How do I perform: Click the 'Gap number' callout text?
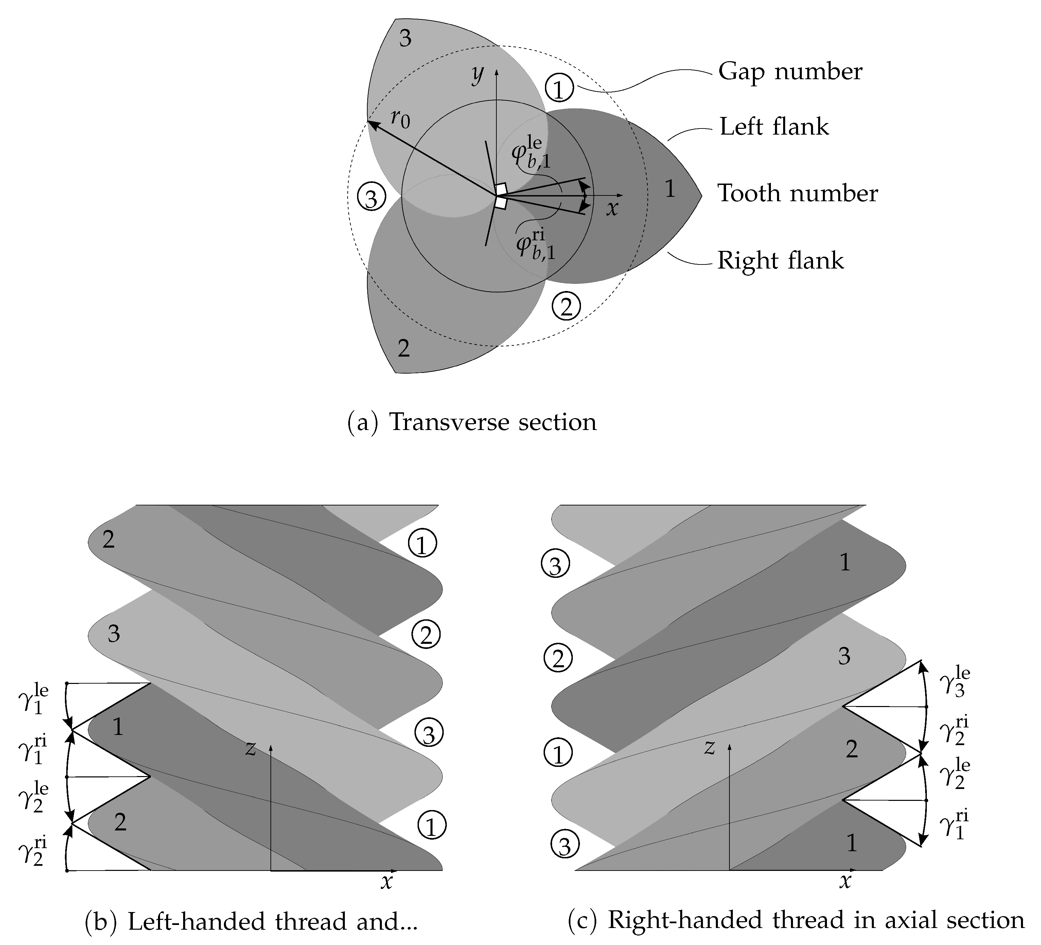(790, 72)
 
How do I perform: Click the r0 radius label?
(400, 119)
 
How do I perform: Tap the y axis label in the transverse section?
(478, 74)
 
